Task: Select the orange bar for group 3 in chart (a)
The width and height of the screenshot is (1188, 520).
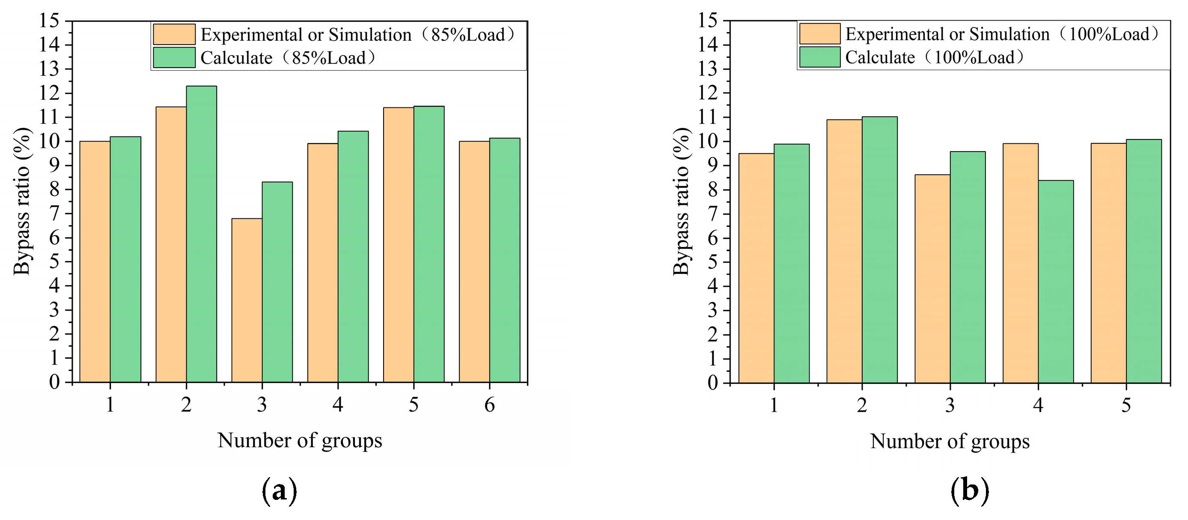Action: coord(247,300)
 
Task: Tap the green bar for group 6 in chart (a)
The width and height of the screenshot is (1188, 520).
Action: coord(505,260)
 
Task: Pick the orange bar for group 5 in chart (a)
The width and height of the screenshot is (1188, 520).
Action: coord(399,245)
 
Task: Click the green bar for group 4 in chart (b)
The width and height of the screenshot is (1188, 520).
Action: coord(1056,281)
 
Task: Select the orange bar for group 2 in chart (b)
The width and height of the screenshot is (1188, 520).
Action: coord(844,251)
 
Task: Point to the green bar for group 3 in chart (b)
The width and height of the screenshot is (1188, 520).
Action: coord(968,267)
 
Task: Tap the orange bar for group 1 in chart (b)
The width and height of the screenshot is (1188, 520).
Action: coord(756,268)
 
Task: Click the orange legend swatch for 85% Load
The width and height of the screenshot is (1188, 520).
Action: coord(174,35)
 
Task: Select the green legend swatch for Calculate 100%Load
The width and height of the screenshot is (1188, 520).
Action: coord(819,57)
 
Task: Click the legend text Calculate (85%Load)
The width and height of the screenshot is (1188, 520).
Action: coord(288,58)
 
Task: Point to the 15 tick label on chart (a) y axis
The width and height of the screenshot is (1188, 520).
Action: coord(49,21)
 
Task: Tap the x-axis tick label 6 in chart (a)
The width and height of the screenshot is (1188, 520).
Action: coord(489,405)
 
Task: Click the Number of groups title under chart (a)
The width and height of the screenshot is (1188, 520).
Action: coord(300,440)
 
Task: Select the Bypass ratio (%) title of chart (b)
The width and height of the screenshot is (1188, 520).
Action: coord(681,201)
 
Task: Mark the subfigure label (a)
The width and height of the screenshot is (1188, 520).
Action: coord(279,491)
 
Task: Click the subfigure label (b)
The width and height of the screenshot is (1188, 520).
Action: coord(969,491)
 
